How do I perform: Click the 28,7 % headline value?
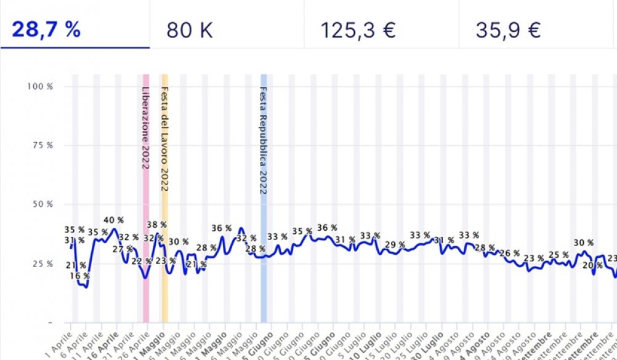tap(46, 30)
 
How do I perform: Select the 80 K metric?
tap(189, 30)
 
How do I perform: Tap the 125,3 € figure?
tap(357, 30)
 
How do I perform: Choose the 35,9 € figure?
tap(508, 30)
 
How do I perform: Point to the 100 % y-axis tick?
tap(40, 86)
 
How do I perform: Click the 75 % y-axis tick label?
tap(42, 145)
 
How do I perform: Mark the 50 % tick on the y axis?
tap(42, 204)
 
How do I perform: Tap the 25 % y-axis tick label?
tap(42, 263)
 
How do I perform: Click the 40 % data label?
tap(114, 220)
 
